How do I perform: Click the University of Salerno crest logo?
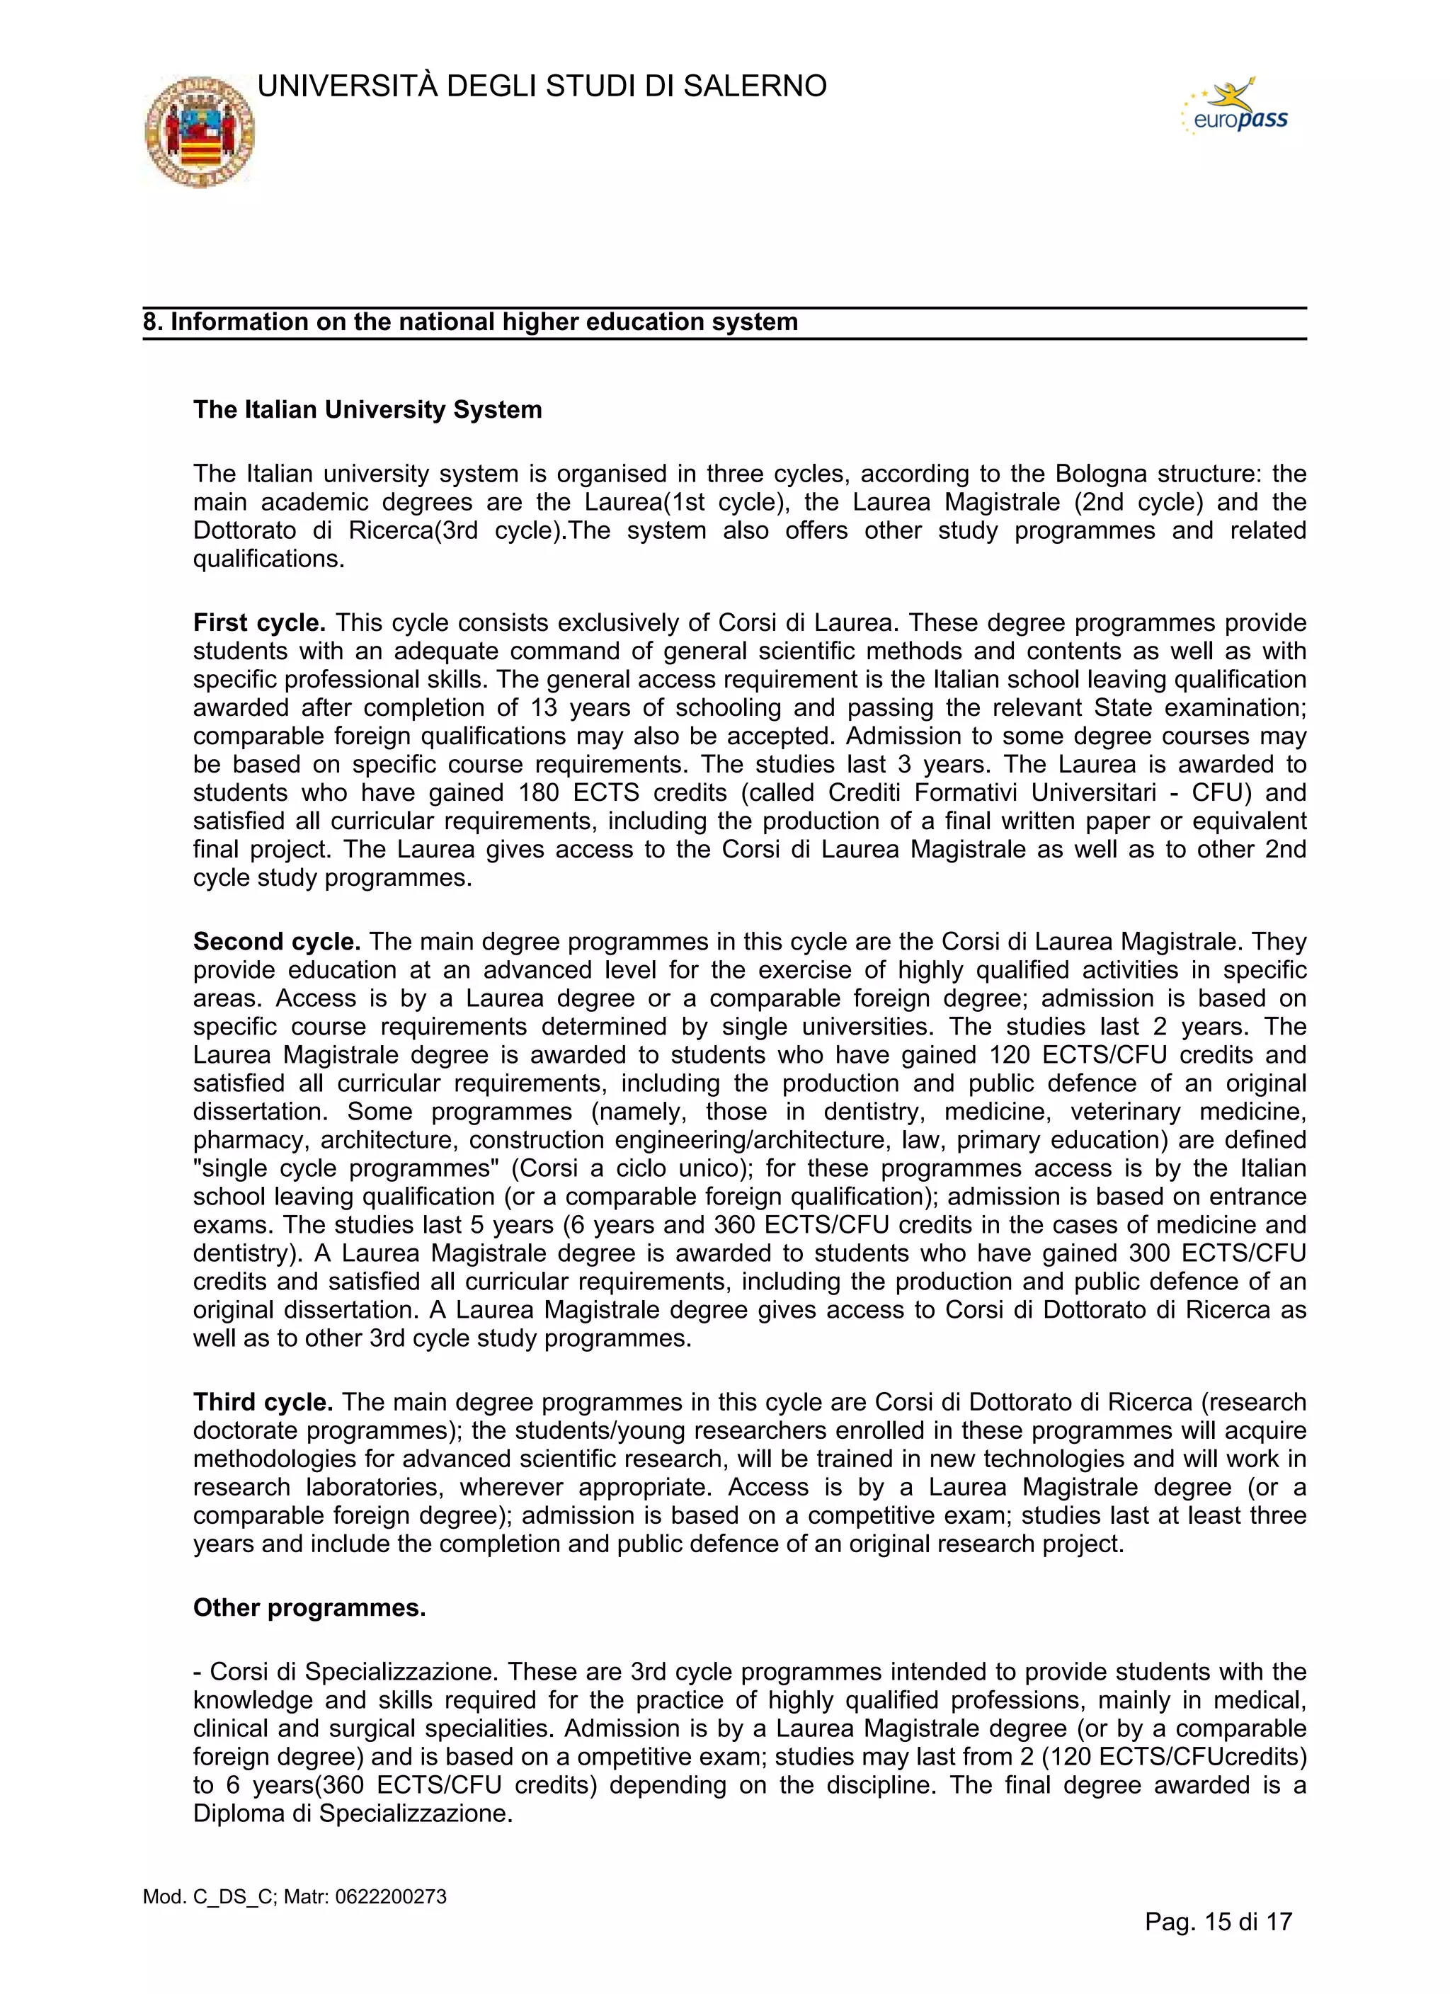point(200,132)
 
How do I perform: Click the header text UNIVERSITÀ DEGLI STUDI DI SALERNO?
point(542,86)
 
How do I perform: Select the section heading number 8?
point(152,321)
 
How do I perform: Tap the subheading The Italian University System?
point(367,410)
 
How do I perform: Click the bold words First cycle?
point(259,622)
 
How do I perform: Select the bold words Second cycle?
point(277,942)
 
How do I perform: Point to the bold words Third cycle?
point(263,1401)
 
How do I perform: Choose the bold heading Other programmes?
point(309,1607)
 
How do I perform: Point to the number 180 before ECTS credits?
point(538,793)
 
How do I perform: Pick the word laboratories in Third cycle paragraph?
point(375,1487)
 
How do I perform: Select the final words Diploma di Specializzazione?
point(352,1813)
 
